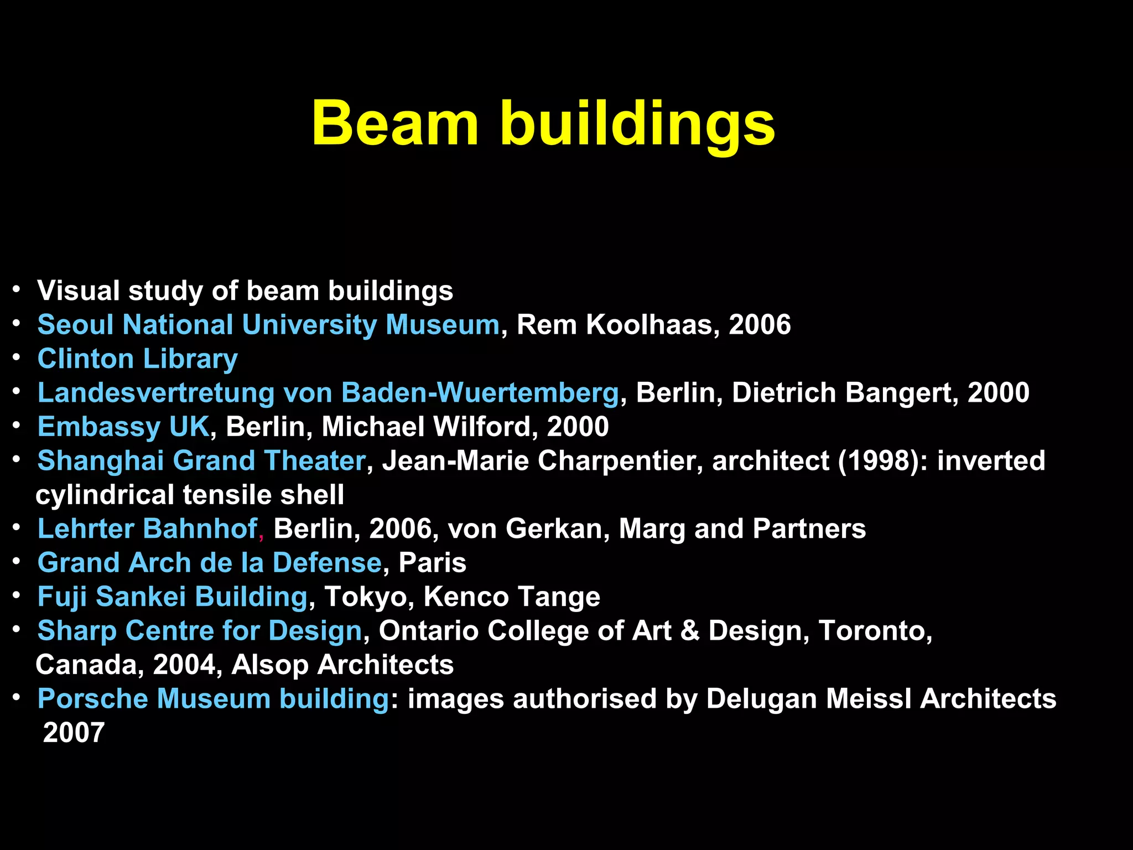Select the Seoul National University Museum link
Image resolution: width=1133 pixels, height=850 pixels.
click(x=268, y=325)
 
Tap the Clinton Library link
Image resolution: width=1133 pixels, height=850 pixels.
click(x=137, y=359)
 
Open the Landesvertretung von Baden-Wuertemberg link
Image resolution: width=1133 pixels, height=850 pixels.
click(x=328, y=393)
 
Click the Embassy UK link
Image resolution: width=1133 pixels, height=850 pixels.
click(x=123, y=427)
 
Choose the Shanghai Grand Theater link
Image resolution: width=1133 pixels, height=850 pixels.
click(x=201, y=461)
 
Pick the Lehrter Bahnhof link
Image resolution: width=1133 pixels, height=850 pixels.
click(x=147, y=529)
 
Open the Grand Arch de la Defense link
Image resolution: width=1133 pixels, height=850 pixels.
click(x=210, y=563)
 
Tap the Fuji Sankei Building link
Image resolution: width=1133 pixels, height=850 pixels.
click(x=172, y=597)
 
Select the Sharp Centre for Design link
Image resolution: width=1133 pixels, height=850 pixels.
click(x=200, y=631)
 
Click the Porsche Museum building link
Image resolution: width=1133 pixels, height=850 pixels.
click(x=214, y=699)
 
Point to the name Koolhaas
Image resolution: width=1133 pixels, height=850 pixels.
click(x=649, y=325)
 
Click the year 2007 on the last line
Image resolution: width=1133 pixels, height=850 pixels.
click(x=74, y=733)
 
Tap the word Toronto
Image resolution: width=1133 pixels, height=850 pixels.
click(x=872, y=631)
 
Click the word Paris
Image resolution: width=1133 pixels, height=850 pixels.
click(x=432, y=563)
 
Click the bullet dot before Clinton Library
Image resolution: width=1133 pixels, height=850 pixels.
click(x=17, y=357)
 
